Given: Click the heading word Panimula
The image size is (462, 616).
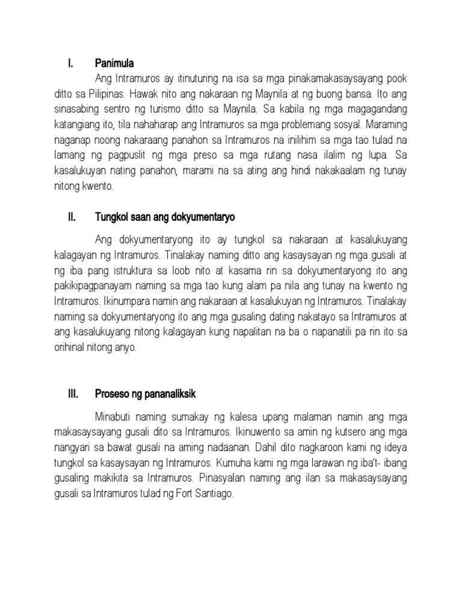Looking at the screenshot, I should point(114,63).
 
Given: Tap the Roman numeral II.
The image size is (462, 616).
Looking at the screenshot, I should point(70,217).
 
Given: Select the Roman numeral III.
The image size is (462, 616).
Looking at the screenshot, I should point(72,394).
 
